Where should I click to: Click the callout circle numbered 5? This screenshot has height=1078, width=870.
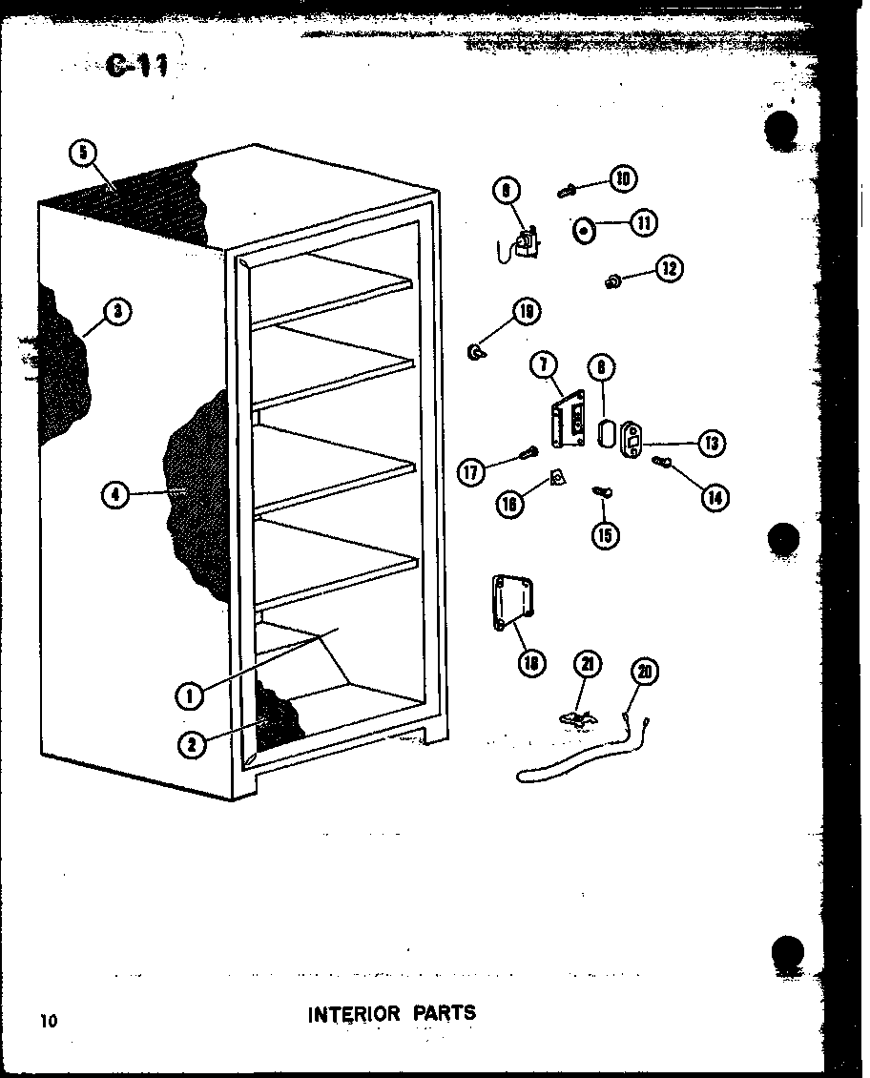click(83, 153)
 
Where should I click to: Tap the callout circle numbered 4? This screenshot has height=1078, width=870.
click(114, 494)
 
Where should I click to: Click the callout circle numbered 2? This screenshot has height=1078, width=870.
click(192, 745)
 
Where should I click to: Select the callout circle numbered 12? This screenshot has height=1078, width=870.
click(669, 269)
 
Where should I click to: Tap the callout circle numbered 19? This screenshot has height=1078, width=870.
click(525, 311)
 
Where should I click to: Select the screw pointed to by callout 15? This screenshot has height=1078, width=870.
click(601, 492)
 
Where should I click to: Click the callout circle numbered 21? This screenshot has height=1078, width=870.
click(588, 664)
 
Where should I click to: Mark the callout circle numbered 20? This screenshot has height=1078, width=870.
click(645, 673)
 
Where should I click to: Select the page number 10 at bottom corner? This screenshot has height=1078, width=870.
click(49, 1021)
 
